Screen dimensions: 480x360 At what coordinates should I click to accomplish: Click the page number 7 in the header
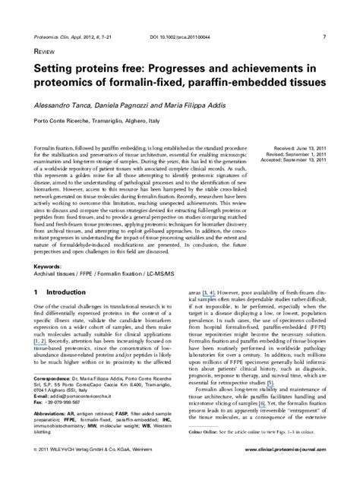pyautogui.click(x=324, y=15)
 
